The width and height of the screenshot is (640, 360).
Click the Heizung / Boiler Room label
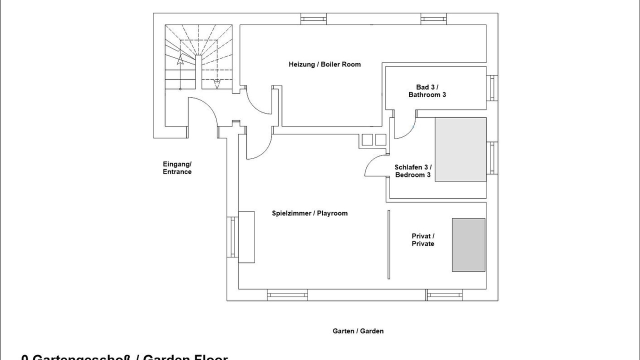pyautogui.click(x=324, y=64)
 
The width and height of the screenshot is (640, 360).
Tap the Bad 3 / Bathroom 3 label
pyautogui.click(x=427, y=90)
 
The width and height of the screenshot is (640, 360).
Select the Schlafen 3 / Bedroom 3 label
pyautogui.click(x=412, y=171)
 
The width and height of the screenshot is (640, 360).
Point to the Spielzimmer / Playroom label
pyautogui.click(x=309, y=213)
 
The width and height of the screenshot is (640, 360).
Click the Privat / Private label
pyautogui.click(x=423, y=240)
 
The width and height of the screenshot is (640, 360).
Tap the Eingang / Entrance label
pyautogui.click(x=177, y=168)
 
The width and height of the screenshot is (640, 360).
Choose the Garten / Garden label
pyautogui.click(x=358, y=331)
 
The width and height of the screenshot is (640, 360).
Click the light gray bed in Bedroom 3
pyautogui.click(x=460, y=149)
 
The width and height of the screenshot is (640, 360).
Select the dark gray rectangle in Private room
pyautogui.click(x=468, y=245)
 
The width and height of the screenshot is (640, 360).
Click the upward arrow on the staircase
pyautogui.click(x=179, y=60)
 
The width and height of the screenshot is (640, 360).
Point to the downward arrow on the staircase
pyautogui.click(x=217, y=83)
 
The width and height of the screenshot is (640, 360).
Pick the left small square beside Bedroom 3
pyautogui.click(x=365, y=140)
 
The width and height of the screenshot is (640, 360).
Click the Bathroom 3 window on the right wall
pyautogui.click(x=492, y=88)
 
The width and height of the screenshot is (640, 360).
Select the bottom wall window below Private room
pyautogui.click(x=444, y=295)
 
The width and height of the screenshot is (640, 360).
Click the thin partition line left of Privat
pyautogui.click(x=388, y=244)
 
